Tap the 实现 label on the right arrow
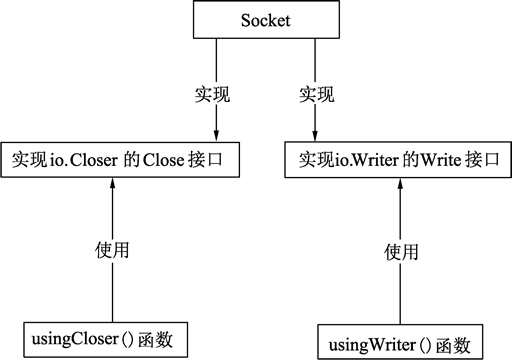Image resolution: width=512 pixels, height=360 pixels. (319, 96)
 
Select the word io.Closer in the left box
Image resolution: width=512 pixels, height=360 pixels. (86, 159)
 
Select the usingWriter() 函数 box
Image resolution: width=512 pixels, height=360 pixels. (401, 343)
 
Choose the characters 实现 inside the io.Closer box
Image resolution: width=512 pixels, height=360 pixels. (29, 159)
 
